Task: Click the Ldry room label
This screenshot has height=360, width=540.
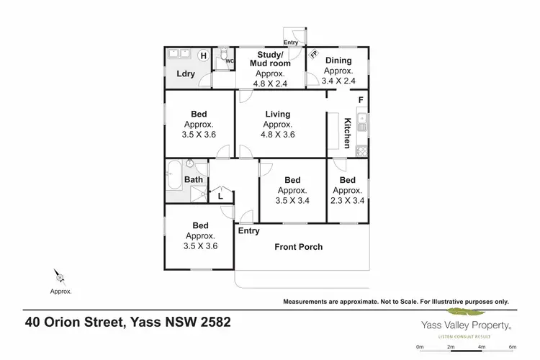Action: (186, 73)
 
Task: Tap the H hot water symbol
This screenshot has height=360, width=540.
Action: (203, 56)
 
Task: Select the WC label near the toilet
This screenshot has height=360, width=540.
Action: (230, 61)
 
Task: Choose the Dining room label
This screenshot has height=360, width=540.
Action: (338, 60)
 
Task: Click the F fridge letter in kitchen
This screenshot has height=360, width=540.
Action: (361, 99)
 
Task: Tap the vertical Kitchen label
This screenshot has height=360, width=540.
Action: (346, 132)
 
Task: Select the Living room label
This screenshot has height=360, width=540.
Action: (277, 114)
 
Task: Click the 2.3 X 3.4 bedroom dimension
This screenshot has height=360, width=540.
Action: (347, 200)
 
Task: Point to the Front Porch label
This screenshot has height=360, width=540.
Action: (299, 247)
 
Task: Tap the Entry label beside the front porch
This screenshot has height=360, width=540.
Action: (248, 231)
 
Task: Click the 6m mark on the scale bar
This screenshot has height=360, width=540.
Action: (513, 347)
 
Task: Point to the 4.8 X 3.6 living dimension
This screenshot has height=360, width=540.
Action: (277, 134)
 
